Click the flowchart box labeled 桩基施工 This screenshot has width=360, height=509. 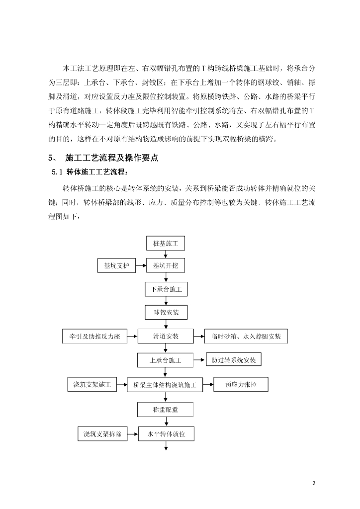click(x=166, y=244)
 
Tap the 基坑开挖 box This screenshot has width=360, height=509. click(x=166, y=266)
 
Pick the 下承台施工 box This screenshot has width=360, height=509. click(x=166, y=289)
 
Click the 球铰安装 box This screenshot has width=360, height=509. click(x=166, y=313)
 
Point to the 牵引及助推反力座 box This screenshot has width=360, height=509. click(x=94, y=337)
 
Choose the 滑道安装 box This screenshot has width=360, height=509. click(x=166, y=337)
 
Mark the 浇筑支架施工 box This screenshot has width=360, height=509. click(x=91, y=384)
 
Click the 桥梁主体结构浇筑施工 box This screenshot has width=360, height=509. click(x=166, y=384)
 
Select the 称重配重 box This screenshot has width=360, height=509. click(x=166, y=410)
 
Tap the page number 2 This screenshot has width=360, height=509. click(x=314, y=483)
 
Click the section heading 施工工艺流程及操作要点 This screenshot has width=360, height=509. click(x=112, y=158)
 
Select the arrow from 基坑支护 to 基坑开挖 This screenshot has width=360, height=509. click(x=140, y=266)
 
